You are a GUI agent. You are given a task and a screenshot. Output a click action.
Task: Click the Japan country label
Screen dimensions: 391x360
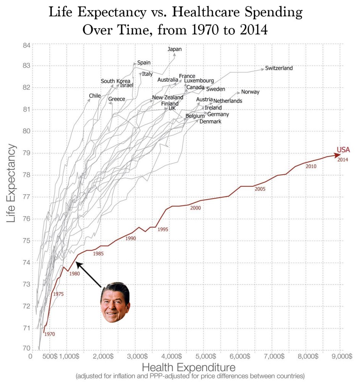point(175,49)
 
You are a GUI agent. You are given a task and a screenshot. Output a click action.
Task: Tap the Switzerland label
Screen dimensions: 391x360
point(279,68)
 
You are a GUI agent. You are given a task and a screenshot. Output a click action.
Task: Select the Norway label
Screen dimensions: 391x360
point(250,92)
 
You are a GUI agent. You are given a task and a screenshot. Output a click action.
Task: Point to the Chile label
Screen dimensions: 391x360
point(95,96)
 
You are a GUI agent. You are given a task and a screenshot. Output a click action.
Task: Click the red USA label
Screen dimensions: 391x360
point(343,150)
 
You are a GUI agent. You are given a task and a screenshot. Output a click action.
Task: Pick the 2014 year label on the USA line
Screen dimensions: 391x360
point(342,160)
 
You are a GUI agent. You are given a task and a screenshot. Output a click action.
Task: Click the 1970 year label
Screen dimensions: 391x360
point(50,334)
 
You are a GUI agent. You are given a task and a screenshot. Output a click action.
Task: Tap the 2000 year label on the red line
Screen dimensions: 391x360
point(195,208)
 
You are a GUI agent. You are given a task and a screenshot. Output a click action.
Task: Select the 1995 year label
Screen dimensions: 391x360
point(163,229)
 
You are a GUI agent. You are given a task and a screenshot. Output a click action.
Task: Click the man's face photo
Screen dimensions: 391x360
point(115,302)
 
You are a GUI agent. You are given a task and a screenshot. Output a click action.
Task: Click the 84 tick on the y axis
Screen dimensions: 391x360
point(26,46)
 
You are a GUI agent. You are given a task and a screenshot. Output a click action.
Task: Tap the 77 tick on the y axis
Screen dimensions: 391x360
point(26,197)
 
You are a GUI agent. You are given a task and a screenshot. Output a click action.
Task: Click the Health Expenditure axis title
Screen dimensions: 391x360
point(189,367)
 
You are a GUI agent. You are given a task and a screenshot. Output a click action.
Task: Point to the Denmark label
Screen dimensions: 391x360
point(210,122)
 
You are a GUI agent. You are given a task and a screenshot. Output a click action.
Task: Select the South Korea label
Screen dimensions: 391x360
point(115,81)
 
